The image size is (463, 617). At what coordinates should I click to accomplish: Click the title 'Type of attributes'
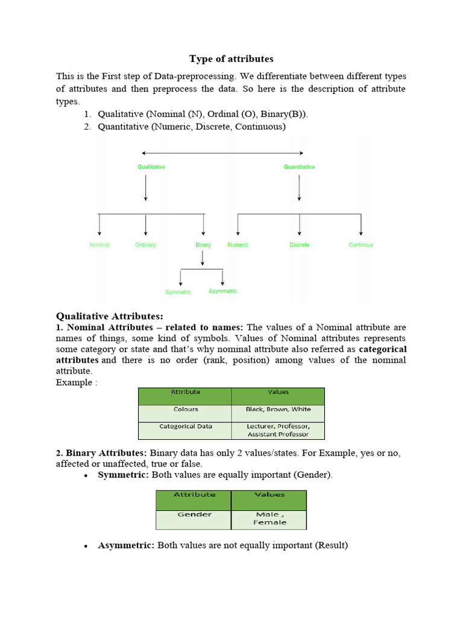coord(231,58)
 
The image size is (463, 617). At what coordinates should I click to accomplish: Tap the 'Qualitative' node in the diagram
coord(151,167)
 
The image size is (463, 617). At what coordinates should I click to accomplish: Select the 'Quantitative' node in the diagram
coord(299,167)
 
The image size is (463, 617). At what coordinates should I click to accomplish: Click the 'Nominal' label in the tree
coord(99,245)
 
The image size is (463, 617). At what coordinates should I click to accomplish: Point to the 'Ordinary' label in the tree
coord(145,245)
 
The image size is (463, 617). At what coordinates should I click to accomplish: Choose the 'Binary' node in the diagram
coord(203,245)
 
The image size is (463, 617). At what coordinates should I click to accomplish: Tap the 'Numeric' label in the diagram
coord(238,245)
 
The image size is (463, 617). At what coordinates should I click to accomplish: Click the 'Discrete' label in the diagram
coord(299,245)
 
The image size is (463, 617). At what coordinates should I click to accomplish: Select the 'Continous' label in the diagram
coord(361,245)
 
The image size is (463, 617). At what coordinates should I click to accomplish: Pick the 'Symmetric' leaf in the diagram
coord(178,292)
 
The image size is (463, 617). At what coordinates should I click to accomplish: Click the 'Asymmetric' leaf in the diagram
coord(222,291)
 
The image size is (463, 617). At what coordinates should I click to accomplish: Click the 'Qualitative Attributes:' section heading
coord(110,316)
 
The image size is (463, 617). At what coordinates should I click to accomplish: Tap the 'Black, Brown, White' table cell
coord(278,409)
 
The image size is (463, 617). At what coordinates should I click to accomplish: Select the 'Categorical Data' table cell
coord(185,426)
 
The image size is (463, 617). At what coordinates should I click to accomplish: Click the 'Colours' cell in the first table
coord(185,409)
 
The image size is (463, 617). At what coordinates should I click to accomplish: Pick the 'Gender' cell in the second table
coord(194,515)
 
